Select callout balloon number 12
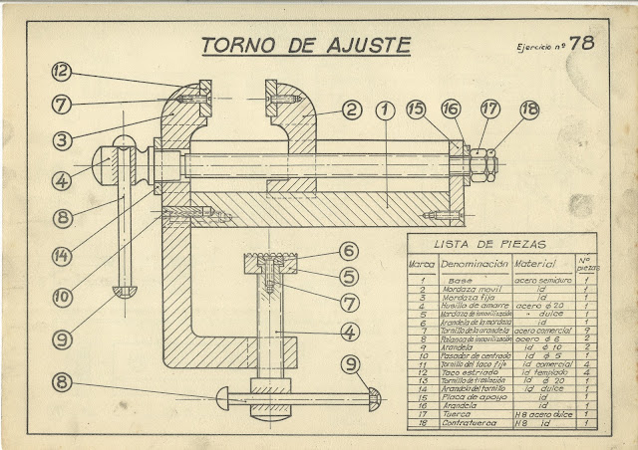click(62, 71)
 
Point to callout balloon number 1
click(384, 109)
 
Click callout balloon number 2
click(351, 110)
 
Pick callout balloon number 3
click(62, 140)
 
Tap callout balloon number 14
click(62, 256)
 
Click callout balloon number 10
click(62, 296)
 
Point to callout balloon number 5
click(348, 277)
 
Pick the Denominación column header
click(474, 265)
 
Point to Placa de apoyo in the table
click(471, 396)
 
